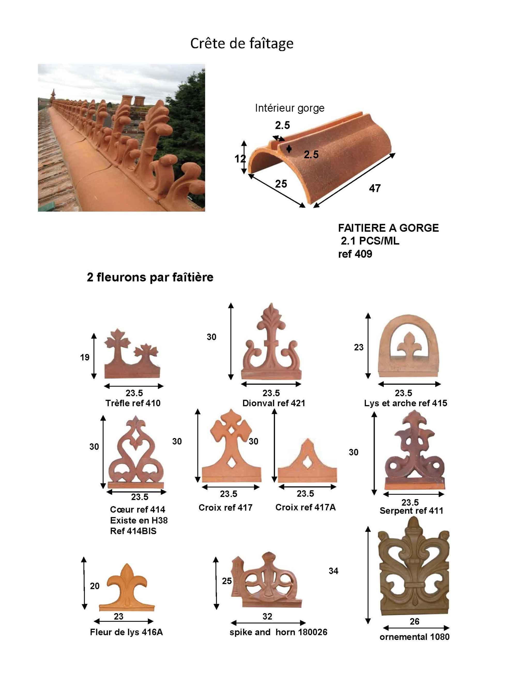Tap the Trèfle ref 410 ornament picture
coord(132,353)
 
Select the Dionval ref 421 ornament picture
coord(271,341)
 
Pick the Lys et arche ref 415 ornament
coord(408,346)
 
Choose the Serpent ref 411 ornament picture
coord(414,450)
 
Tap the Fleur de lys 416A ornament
coord(126,587)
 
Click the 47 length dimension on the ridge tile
coord(375,188)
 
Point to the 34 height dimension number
coord(333,571)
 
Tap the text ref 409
coord(355,254)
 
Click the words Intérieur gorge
coord(290,108)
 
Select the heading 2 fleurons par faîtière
coord(150,277)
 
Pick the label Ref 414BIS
coord(133,531)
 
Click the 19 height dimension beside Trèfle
coord(85,357)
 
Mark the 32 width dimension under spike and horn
coord(267,616)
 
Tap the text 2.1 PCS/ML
coord(370,241)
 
